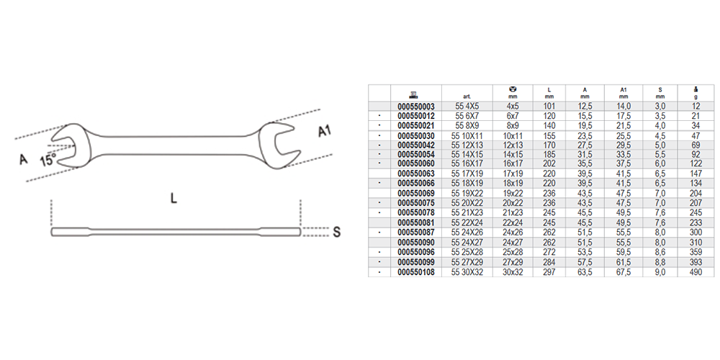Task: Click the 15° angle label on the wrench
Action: [x=48, y=161]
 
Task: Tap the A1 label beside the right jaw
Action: [x=325, y=131]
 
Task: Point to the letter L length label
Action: [x=174, y=199]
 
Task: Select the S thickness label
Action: [x=336, y=232]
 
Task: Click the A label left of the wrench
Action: [x=23, y=159]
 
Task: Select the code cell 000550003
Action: [x=415, y=106]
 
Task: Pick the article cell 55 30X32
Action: [x=467, y=272]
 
